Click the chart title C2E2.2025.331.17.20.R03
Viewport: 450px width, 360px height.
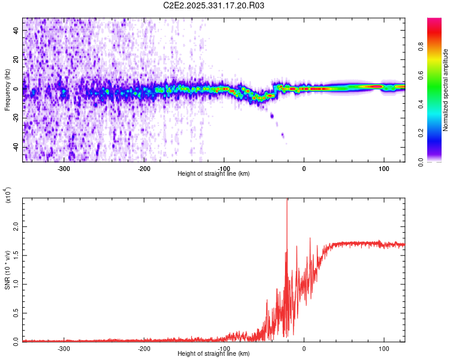click(214, 5)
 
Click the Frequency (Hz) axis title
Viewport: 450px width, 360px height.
click(7, 90)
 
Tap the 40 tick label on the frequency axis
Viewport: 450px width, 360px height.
click(16, 30)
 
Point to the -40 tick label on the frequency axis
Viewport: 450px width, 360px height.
click(16, 147)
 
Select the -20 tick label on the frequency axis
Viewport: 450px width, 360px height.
click(16, 118)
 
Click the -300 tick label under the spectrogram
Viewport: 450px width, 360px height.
click(64, 169)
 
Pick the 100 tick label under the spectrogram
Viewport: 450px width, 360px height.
click(384, 169)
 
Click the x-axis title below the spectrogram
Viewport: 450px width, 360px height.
click(214, 173)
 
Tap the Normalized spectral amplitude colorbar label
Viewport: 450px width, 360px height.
click(445, 90)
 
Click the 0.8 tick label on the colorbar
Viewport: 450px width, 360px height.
click(421, 46)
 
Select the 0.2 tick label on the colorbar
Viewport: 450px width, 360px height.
click(421, 133)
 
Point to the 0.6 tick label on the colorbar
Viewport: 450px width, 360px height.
click(421, 75)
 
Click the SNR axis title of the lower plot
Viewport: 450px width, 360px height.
click(7, 270)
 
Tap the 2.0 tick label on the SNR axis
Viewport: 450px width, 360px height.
click(16, 227)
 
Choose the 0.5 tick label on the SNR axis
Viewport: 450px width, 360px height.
click(16, 313)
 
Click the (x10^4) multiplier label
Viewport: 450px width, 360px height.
click(7, 195)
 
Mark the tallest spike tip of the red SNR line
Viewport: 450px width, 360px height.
click(287, 199)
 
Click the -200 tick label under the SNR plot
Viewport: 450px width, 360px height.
click(144, 349)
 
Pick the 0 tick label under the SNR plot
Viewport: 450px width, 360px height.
click(304, 349)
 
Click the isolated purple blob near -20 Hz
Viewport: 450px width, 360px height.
click(272, 116)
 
